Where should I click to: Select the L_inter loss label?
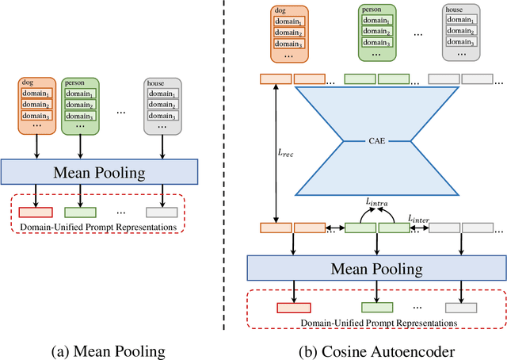tap(419, 217)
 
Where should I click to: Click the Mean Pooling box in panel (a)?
tap(99, 171)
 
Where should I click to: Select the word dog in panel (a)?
tap(29, 82)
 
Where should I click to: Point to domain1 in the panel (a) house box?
tap(162, 94)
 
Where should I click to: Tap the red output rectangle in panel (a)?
tap(36, 213)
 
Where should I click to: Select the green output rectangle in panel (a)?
tap(80, 213)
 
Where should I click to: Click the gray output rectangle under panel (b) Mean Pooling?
tap(461, 308)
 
